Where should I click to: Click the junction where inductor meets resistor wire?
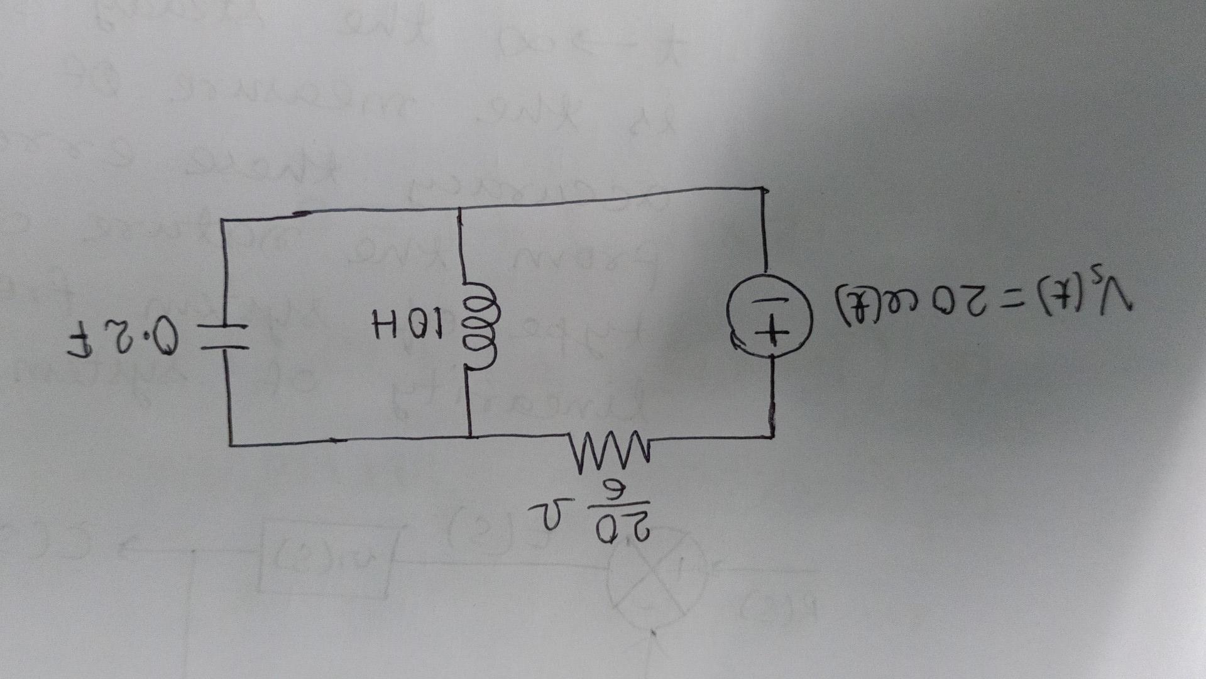pos(469,436)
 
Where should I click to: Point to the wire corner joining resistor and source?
pos(772,435)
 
